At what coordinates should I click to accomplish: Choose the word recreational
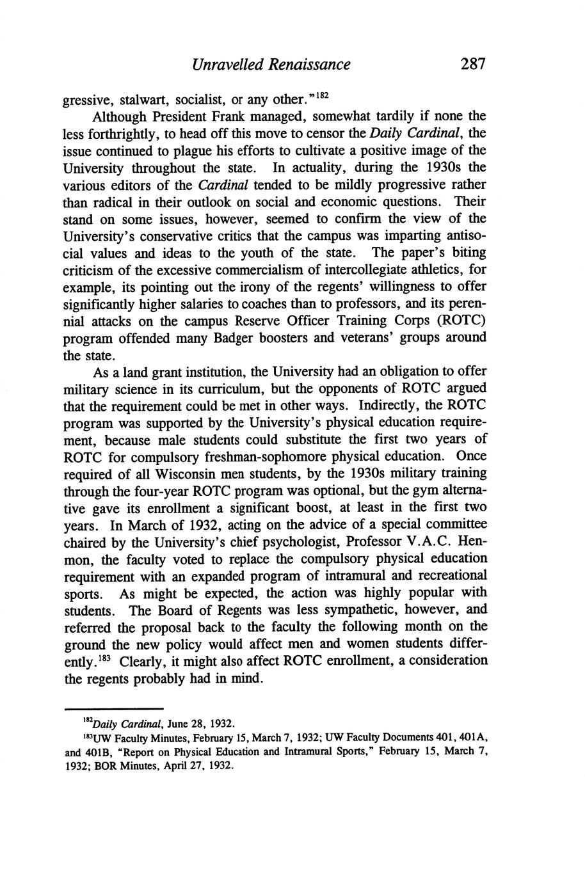[x=445, y=575]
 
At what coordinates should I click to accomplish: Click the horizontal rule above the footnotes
[x=114, y=710]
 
